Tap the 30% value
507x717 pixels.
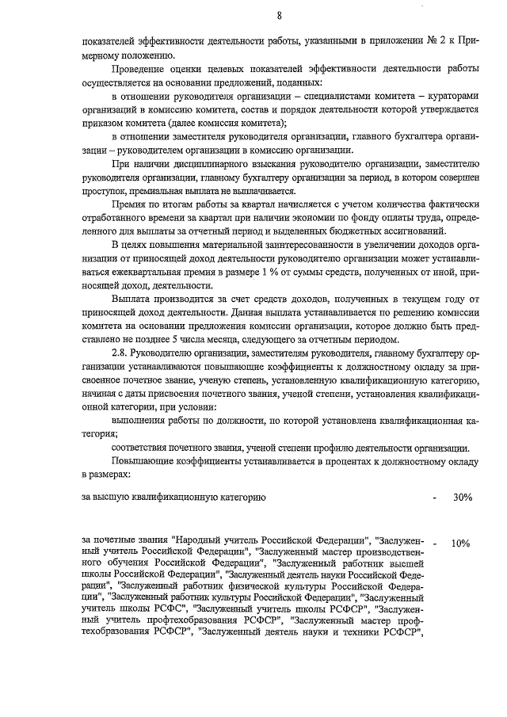[463, 498]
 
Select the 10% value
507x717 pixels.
[460, 544]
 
